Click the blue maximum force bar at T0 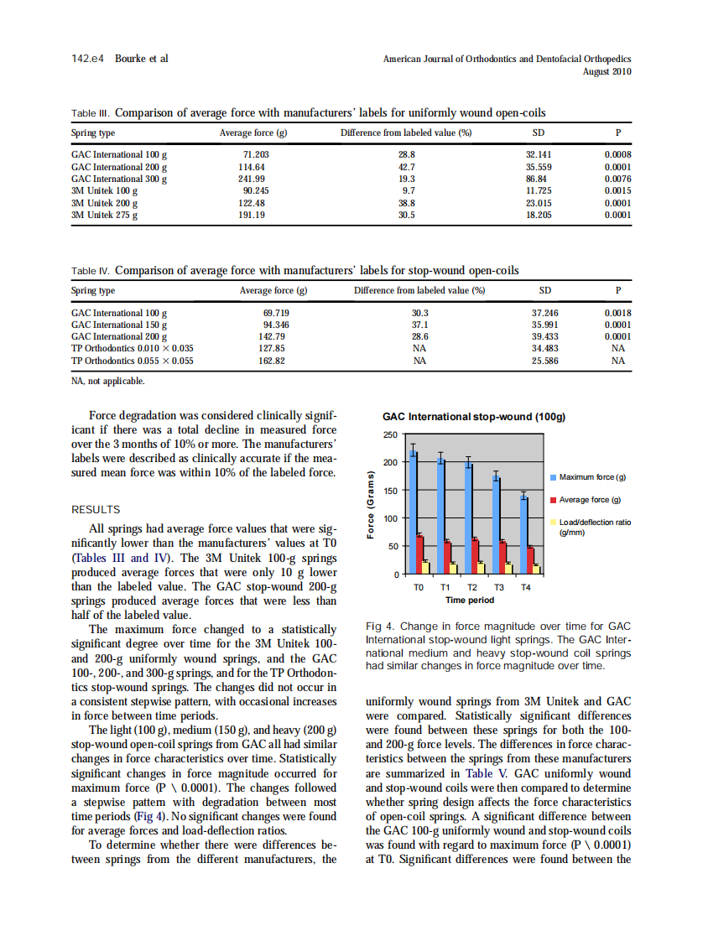point(413,512)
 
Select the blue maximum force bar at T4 point(524,534)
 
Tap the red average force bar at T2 point(475,556)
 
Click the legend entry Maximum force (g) point(592,477)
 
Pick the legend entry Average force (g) point(589,500)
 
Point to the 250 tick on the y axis point(390,434)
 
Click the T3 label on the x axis point(497,588)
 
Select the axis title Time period point(470,600)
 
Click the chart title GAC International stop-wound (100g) point(474,416)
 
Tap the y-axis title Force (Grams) point(368,504)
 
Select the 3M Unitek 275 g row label point(105,215)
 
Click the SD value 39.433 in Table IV point(544,336)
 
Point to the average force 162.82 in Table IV point(273,361)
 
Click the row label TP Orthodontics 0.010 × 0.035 point(133,348)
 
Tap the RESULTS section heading point(96,510)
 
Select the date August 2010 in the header point(607,72)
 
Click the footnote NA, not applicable point(107,381)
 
